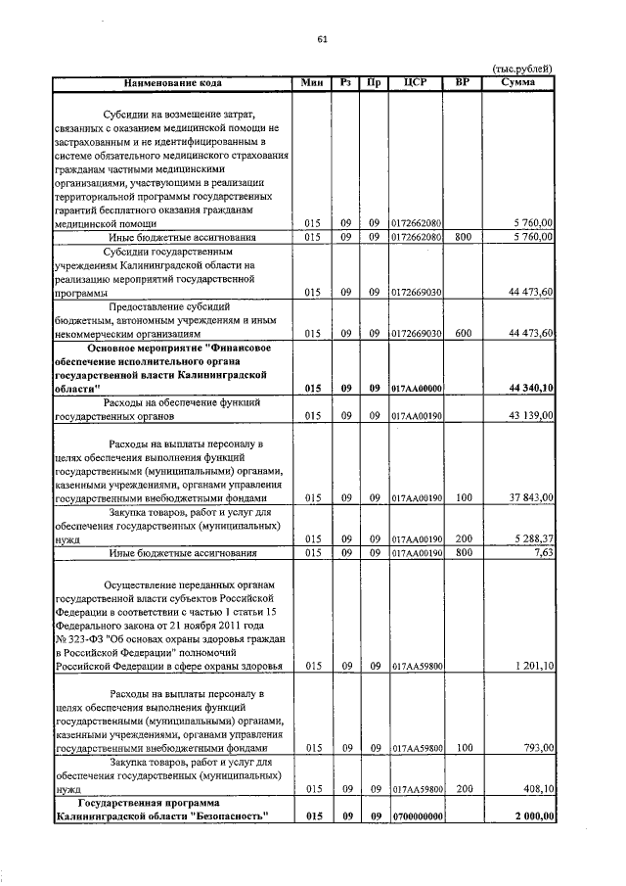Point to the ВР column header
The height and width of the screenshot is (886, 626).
pyautogui.click(x=463, y=83)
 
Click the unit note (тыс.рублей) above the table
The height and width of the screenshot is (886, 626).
pyautogui.click(x=521, y=68)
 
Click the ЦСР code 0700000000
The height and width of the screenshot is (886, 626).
pyautogui.click(x=417, y=816)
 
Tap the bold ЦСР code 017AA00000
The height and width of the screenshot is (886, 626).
pyautogui.click(x=417, y=389)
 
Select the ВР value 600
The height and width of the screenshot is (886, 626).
pyautogui.click(x=464, y=334)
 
